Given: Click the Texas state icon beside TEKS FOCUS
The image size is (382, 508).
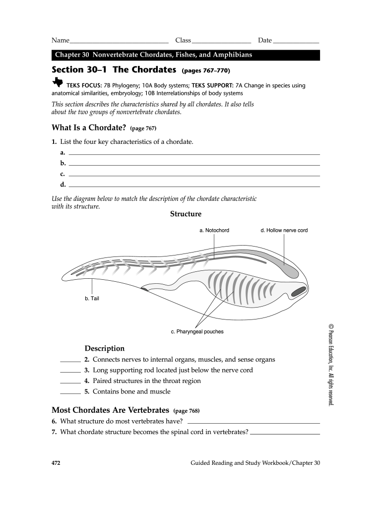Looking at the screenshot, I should tap(58, 82).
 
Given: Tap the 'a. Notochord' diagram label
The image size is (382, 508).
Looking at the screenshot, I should tap(214, 230).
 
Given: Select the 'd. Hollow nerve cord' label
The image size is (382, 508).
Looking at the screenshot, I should tap(284, 230).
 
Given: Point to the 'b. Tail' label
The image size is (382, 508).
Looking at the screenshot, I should tap(92, 299).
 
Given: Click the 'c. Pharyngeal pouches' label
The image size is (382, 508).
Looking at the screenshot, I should tap(197, 331).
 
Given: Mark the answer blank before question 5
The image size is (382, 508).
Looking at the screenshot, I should tap(70, 393).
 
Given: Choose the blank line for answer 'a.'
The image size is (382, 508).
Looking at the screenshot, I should tap(193, 154).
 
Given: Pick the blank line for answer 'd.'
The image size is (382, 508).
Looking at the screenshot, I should tap(193, 187).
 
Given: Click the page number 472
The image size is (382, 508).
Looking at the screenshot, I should tap(56, 463).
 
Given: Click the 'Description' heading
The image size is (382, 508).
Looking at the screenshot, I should tap(104, 348).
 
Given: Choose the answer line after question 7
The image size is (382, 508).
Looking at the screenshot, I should tap(285, 434).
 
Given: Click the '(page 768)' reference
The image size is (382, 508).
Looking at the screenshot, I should tap(186, 411).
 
